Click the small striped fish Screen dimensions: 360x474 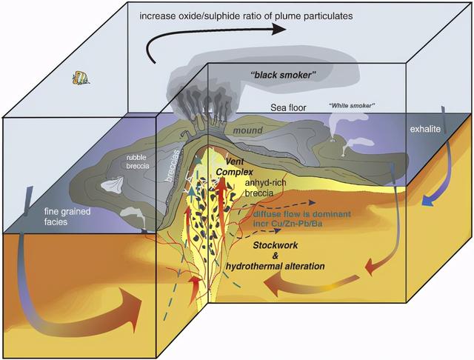click(x=79, y=78)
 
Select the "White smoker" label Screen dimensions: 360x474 click(x=352, y=106)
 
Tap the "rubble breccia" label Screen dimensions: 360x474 click(x=138, y=161)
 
